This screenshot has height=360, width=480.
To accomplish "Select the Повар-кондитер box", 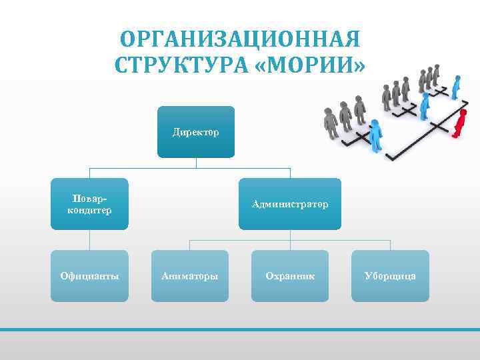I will (x=89, y=204).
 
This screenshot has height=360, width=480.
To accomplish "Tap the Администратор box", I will (x=290, y=204).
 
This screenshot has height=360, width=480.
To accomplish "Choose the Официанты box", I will (x=89, y=275).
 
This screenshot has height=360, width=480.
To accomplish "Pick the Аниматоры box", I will (x=190, y=275).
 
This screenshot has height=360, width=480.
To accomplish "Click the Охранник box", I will (x=290, y=275).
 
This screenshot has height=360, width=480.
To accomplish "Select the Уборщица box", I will (x=390, y=275).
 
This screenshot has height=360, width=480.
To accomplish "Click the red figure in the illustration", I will (x=459, y=123).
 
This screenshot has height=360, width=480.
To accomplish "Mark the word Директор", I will (x=196, y=132).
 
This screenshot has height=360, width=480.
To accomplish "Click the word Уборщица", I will (x=390, y=275).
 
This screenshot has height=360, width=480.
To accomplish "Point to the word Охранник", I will (x=290, y=275).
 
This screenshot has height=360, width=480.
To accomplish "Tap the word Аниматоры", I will (x=190, y=275).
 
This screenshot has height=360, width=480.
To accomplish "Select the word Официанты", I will (x=89, y=275).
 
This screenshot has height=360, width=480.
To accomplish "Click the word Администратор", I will (x=290, y=204).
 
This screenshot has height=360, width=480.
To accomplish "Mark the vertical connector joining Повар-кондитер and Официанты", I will (x=89, y=240).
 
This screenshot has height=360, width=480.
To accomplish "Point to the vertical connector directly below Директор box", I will (x=196, y=163).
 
